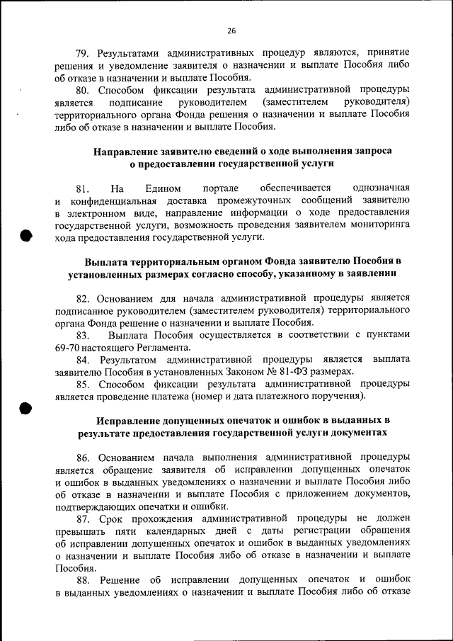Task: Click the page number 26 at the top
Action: click(x=231, y=30)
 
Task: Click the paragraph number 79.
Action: click(x=84, y=53)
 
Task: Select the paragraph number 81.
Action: click(x=84, y=188)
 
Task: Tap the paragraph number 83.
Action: click(x=84, y=335)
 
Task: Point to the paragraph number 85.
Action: click(x=84, y=384)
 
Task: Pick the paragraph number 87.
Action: click(x=84, y=518)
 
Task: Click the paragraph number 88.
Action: click(x=84, y=581)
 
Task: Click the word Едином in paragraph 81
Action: click(x=162, y=188)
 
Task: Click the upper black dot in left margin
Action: click(x=26, y=237)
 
